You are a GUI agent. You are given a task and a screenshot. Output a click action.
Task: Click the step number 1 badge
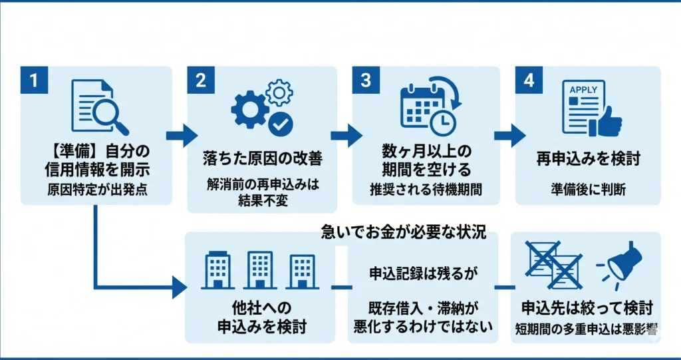pos(34,80)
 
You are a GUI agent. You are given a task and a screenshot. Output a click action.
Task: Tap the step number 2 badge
pos(201,80)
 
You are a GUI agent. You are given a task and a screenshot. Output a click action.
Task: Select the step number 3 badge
pos(366,80)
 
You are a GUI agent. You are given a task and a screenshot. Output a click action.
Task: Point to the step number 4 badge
pos(529,80)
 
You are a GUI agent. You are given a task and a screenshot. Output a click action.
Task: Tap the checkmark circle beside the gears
pos(281,124)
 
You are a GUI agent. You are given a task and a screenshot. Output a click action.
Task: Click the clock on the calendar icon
pos(442,122)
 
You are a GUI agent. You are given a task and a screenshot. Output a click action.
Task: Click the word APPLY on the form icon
pos(583,90)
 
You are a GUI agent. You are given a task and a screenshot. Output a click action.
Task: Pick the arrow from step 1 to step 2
pos(182,136)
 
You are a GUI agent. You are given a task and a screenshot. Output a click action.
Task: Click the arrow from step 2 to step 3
pos(346,136)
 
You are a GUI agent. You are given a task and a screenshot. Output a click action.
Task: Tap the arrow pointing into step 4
pos(509,136)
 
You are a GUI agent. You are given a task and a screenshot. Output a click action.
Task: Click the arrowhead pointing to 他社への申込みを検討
pos(179,287)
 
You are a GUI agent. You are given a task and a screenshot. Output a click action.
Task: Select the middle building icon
pos(260,270)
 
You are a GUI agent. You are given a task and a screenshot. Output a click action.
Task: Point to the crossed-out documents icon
pos(554,266)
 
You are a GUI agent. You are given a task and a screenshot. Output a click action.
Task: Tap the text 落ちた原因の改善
pos(263,158)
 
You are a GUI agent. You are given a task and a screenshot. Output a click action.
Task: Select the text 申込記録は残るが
pos(423,273)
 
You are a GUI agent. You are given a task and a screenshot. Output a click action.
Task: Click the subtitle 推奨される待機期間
pos(426,190)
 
